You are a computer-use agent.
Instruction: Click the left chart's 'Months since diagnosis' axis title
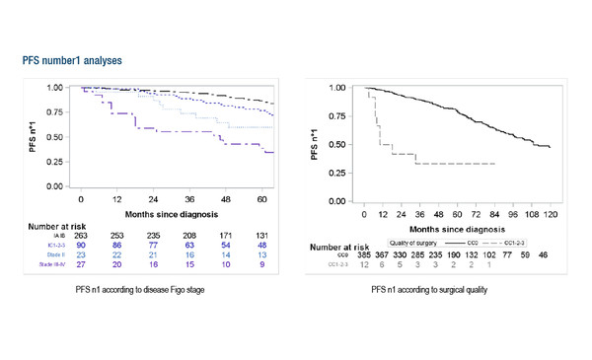(x=171, y=211)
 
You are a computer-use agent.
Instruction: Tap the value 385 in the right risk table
(x=364, y=252)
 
